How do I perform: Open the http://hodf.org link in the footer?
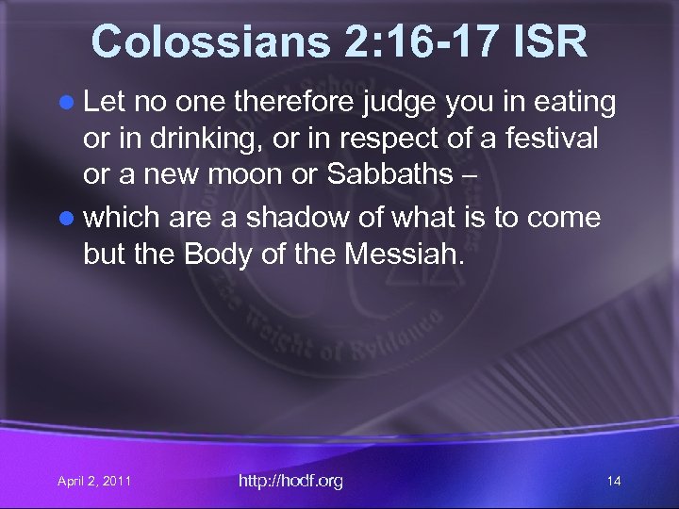[290, 482]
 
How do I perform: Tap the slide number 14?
[614, 482]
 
